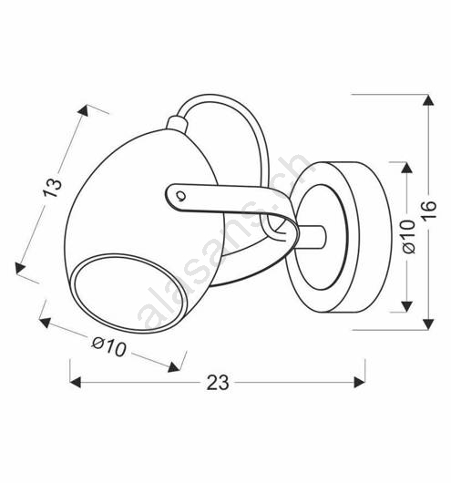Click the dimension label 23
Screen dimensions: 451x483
click(218, 383)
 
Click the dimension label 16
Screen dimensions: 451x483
click(429, 210)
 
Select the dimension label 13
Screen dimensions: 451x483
click(52, 188)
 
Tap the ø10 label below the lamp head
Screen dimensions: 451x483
click(108, 346)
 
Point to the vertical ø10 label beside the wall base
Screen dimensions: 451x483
click(409, 236)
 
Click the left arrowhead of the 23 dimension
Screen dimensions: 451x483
click(76, 382)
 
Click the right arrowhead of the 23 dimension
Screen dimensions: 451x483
click(360, 382)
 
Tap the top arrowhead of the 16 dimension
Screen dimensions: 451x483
click(428, 101)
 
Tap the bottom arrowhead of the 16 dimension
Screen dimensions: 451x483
click(428, 324)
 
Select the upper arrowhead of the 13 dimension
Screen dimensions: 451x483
click(84, 110)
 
